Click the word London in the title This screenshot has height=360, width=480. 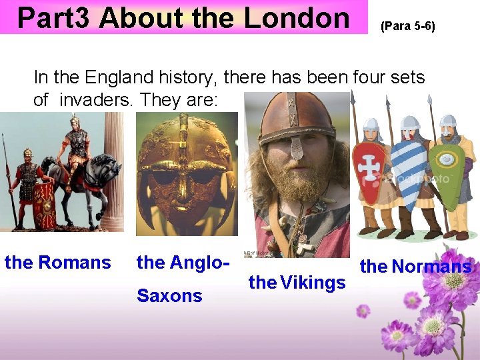297,18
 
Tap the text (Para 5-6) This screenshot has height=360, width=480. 407,27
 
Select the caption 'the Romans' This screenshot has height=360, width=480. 58,263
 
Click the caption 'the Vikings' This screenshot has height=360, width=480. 297,283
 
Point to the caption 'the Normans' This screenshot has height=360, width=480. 415,267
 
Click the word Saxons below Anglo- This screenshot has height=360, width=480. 169,295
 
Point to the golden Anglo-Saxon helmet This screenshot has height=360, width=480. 186,169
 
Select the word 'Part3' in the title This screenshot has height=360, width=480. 53,18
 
